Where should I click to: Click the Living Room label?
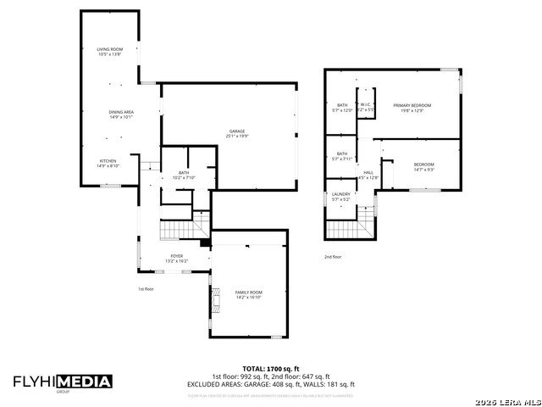109,52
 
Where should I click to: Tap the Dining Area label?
121,114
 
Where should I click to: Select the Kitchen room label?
108,163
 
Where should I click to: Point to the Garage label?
236,133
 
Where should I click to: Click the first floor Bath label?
183,175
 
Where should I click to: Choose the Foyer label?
176,257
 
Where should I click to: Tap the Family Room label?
248,293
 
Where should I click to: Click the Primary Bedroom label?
412,107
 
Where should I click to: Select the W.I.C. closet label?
365,107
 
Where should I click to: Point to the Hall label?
368,175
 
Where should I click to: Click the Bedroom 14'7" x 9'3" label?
423,166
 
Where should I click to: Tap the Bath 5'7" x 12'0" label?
342,107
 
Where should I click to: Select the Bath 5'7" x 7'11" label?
342,156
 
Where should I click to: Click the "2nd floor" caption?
333,256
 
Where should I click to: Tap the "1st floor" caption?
147,289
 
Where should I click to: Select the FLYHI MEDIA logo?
63,382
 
